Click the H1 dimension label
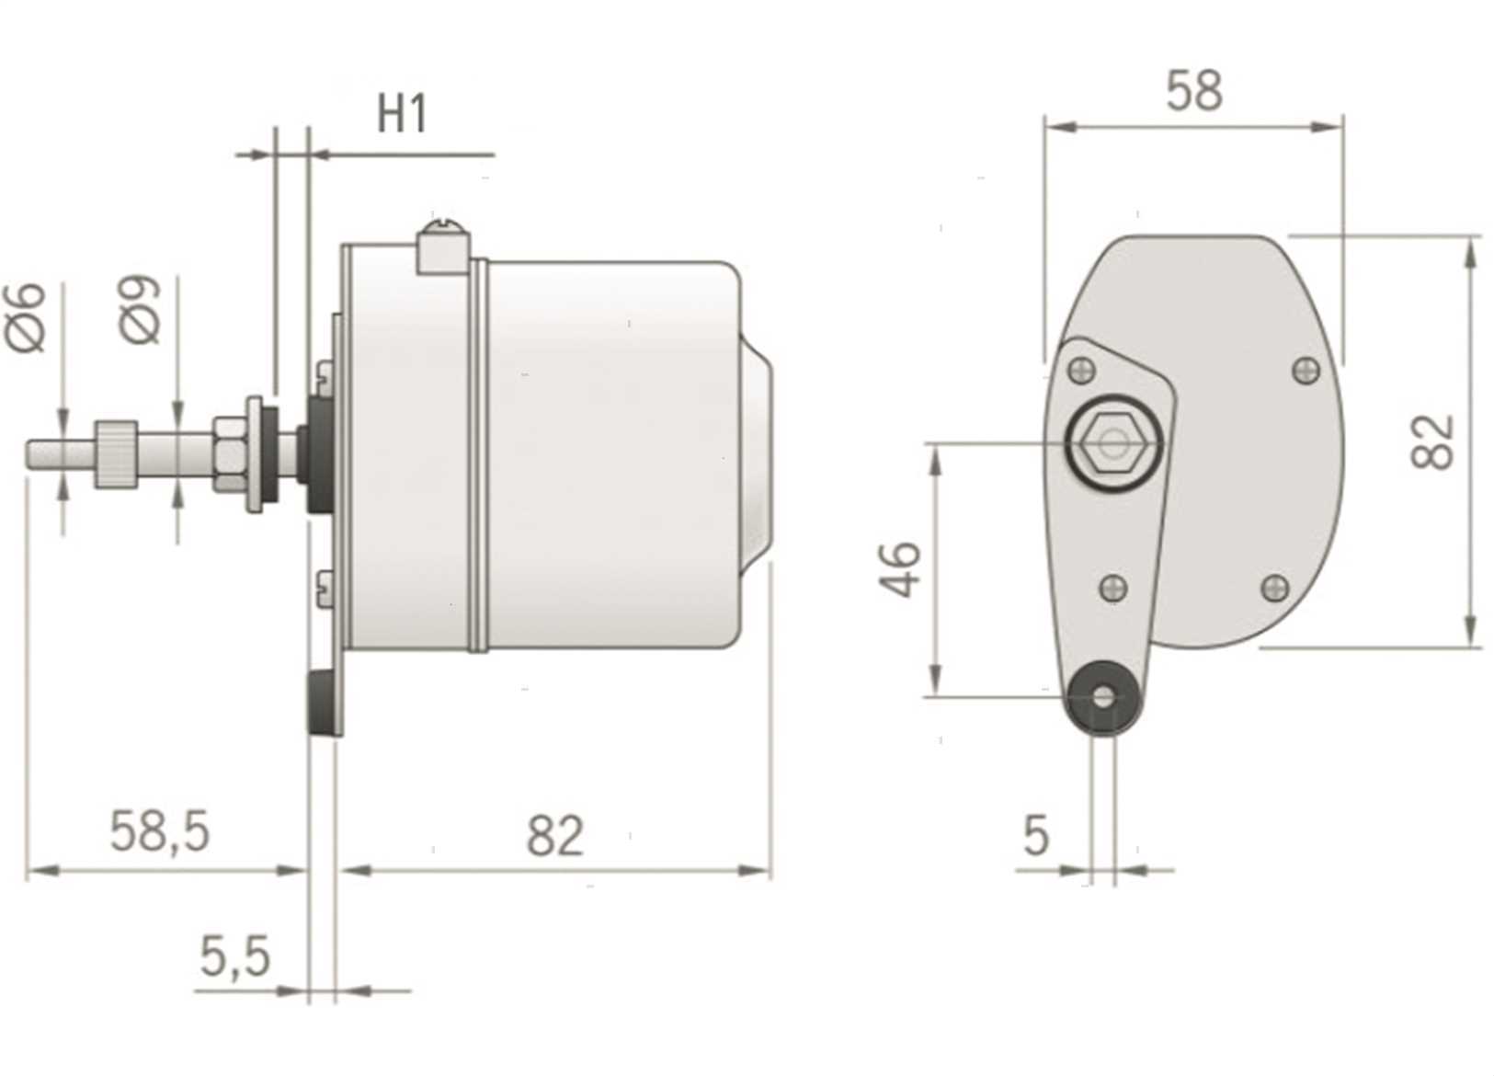(402, 114)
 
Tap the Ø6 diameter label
(26, 317)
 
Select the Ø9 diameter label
(140, 310)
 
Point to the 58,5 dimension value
(160, 831)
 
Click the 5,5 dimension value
(235, 956)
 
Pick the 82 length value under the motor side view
(555, 835)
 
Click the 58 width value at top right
(1194, 90)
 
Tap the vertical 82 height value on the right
(1432, 442)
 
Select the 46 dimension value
(900, 569)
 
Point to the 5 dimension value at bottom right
(1036, 835)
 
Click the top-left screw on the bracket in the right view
(1082, 371)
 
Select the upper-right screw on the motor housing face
(1306, 371)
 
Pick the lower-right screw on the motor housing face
(1275, 587)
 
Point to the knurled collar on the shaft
(116, 453)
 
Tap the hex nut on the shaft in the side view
(230, 455)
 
